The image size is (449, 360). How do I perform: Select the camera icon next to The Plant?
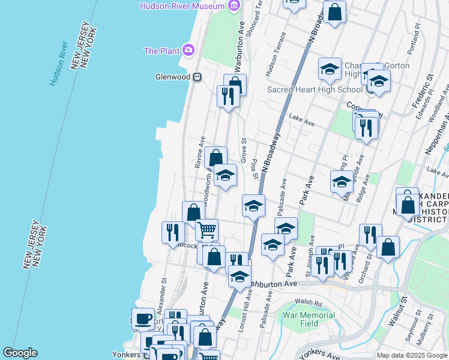coord(189,50)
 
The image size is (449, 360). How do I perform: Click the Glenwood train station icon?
coord(196,77)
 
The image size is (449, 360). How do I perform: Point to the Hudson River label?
coord(58,63)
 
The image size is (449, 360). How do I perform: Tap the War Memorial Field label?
coord(309,319)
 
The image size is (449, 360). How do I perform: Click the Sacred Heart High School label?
coord(315,90)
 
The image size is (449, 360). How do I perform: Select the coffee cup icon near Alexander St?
coord(143,318)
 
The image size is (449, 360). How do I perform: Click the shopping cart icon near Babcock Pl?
coord(206,229)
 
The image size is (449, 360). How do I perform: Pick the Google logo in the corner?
coord(20,353)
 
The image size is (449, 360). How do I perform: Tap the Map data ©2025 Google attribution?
coord(412,355)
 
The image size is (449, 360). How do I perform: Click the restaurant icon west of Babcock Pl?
coord(173,232)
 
